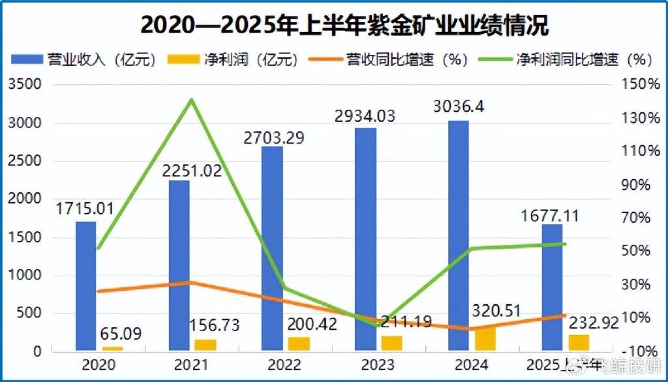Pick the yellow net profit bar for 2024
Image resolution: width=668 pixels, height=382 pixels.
point(485,338)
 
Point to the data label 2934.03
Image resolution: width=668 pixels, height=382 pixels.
point(367,116)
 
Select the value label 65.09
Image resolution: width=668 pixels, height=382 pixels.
point(121,334)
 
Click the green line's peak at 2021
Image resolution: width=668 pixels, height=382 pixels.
point(191,100)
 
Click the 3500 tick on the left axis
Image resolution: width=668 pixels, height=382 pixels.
point(26,85)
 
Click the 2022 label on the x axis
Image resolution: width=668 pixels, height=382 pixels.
point(285,364)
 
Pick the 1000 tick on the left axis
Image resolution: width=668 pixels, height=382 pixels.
point(26,276)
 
